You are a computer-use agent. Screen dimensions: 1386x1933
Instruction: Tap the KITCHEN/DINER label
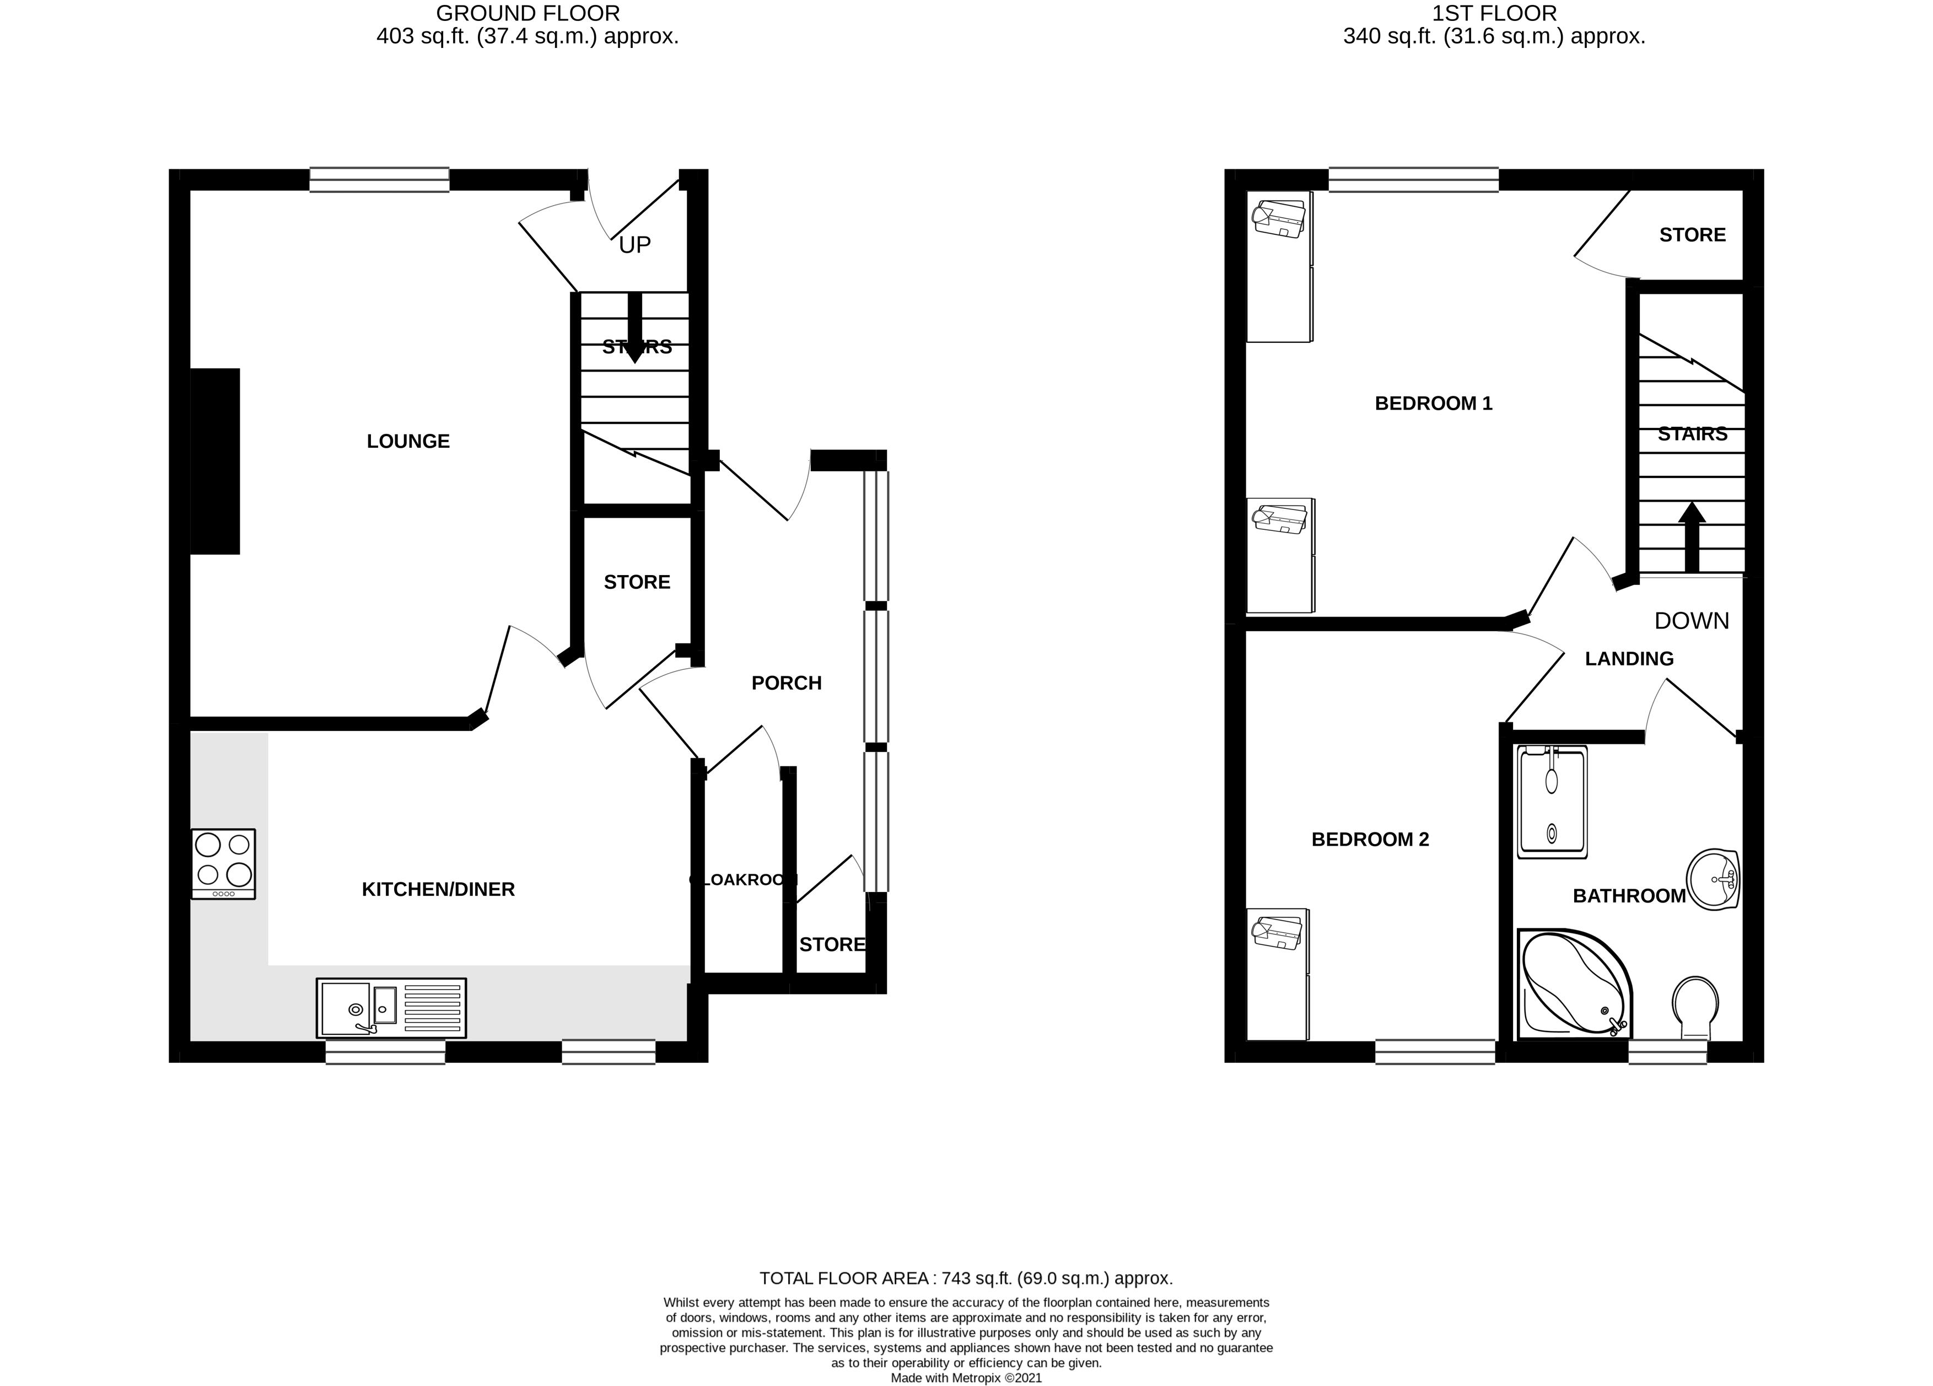tap(438, 889)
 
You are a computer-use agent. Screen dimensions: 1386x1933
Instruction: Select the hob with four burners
tap(223, 863)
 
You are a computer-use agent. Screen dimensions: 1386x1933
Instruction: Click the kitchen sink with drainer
tap(391, 1008)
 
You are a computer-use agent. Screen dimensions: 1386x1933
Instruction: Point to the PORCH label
tap(786, 683)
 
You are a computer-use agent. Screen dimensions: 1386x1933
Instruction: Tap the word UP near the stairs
tap(634, 245)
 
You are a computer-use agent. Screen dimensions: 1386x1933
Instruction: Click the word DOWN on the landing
tap(1691, 621)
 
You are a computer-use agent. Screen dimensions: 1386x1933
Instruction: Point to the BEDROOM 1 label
tap(1434, 403)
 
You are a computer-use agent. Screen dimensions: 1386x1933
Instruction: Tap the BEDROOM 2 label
tap(1370, 840)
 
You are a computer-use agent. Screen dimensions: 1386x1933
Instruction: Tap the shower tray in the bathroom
tap(1552, 801)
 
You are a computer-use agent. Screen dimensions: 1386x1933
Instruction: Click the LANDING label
tap(1629, 659)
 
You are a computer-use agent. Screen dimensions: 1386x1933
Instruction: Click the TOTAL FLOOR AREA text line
tap(966, 1278)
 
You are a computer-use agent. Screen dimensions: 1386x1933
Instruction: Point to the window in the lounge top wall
tap(379, 179)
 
